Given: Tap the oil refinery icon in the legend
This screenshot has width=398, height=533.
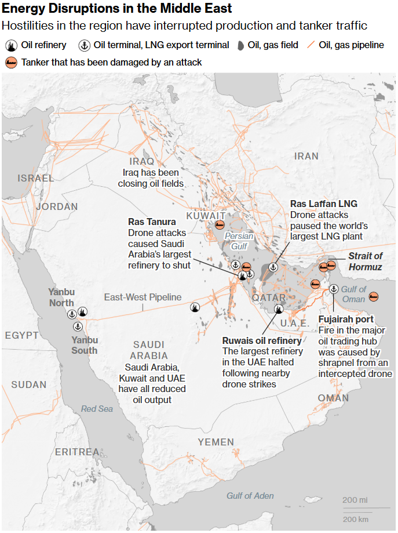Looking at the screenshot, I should [x=11, y=45].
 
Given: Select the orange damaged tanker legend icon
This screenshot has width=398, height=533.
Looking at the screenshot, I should [x=11, y=62].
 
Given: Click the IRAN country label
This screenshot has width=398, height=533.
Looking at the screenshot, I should [x=306, y=156].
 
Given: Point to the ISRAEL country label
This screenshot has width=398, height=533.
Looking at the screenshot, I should [x=35, y=178].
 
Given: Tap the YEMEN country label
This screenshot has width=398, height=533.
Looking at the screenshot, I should [x=216, y=442].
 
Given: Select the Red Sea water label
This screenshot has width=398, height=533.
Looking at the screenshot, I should [x=97, y=409].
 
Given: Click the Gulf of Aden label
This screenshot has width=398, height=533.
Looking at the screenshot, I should [x=250, y=495].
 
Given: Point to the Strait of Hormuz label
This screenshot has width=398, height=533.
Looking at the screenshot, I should [x=365, y=261].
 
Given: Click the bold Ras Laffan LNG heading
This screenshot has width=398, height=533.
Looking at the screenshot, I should [x=323, y=204].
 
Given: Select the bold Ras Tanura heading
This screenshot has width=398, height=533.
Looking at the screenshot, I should [x=152, y=222].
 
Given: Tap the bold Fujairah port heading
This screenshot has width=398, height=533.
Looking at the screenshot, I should [x=346, y=320].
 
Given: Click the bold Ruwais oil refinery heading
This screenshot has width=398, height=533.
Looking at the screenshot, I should [x=262, y=341].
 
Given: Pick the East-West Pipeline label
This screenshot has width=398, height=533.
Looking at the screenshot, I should [x=143, y=297].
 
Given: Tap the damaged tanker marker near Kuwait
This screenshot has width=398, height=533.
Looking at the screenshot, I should [x=220, y=224].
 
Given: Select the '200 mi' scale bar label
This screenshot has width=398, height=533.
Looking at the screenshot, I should [x=355, y=500].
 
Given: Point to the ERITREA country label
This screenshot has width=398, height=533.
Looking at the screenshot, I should [x=77, y=451].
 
